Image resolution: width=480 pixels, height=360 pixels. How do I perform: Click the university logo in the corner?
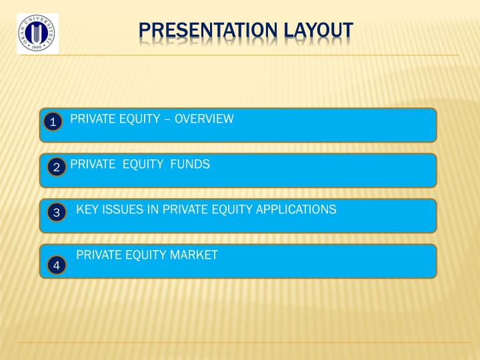point(37,33)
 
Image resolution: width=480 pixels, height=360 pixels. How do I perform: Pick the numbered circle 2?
point(57,167)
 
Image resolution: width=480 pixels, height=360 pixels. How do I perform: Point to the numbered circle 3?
point(57,213)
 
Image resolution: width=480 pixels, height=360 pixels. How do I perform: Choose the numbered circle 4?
point(57,265)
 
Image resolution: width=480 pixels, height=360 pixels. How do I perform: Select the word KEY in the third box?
point(87,210)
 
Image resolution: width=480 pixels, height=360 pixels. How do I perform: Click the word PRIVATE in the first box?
point(91,119)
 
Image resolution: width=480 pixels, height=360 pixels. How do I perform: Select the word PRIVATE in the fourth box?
point(98,255)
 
